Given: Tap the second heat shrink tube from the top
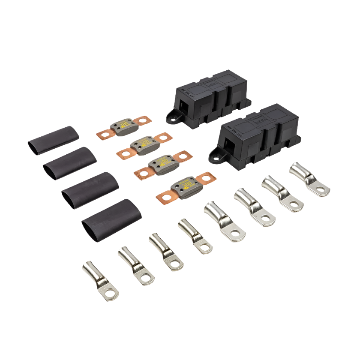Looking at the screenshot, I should (70, 160).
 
